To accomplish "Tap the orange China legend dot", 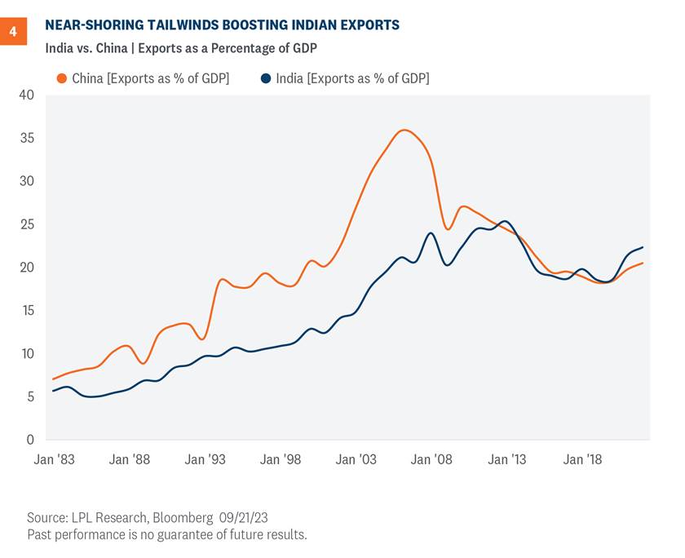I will [x=61, y=78].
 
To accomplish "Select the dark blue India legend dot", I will [x=266, y=78].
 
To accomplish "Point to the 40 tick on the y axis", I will [x=26, y=95].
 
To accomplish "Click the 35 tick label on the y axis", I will [x=26, y=138].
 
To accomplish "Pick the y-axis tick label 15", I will [x=26, y=311].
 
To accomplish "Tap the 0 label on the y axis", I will [x=30, y=440].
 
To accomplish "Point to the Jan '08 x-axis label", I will [x=432, y=460].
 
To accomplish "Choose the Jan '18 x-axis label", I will [x=582, y=460].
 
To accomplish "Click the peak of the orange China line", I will [x=404, y=130].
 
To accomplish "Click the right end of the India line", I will [x=643, y=247].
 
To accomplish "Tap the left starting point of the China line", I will [x=53, y=379].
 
